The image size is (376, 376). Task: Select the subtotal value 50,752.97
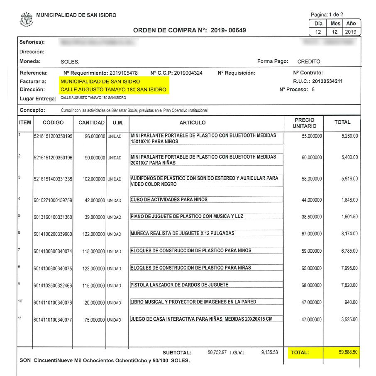(x=217, y=352)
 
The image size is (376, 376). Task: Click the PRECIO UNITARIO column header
(x=304, y=122)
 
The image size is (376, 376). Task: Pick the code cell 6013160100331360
(x=53, y=217)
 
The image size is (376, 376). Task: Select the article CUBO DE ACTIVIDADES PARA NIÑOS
(x=169, y=200)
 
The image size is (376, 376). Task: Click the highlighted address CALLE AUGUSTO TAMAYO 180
(x=113, y=90)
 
